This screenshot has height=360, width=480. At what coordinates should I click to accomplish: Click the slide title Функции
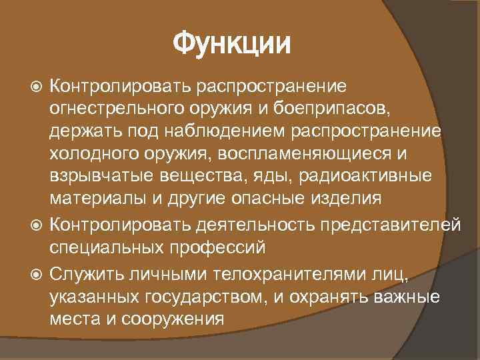pos(233,45)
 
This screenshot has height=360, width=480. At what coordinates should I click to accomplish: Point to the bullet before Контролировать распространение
pos(37,87)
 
